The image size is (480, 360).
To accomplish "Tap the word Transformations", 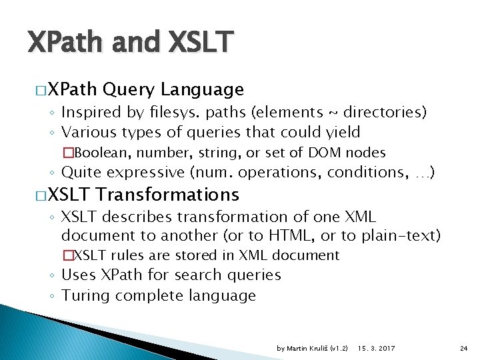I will tap(168, 195).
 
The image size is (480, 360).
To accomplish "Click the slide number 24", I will tap(464, 348).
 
